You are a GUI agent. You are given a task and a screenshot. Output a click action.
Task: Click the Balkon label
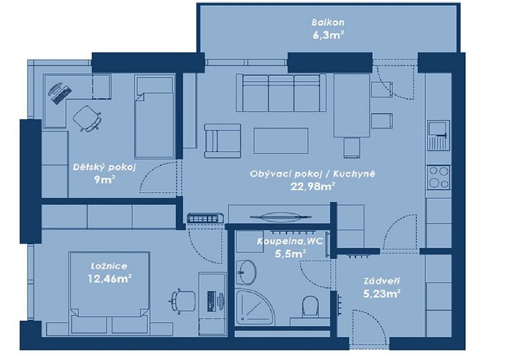[x=328, y=22]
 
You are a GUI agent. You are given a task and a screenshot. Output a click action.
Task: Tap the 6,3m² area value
[x=328, y=35]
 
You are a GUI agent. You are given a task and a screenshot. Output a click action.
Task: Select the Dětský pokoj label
[x=104, y=168]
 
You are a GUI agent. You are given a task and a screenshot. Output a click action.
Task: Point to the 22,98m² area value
[x=313, y=186]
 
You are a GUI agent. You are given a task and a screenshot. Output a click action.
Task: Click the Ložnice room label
[x=109, y=266]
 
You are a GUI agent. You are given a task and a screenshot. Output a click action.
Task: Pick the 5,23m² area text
[x=382, y=294]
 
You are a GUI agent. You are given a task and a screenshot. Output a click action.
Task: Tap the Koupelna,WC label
[x=290, y=242]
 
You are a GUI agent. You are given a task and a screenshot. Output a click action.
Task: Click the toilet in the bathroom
[x=310, y=306]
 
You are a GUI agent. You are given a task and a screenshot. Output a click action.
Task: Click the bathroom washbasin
[x=246, y=272]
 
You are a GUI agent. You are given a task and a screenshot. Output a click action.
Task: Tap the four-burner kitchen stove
[x=438, y=177]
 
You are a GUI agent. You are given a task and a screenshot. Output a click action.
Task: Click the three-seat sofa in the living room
[x=281, y=93]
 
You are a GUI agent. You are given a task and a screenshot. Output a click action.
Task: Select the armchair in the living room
[x=223, y=141]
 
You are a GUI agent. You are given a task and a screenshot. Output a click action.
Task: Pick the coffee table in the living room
[x=281, y=141]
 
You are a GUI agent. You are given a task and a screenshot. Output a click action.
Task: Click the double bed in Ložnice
[x=109, y=293]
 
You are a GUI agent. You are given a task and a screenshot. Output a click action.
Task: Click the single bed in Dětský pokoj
[x=155, y=117]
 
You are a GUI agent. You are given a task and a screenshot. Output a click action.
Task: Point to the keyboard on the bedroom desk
[x=211, y=300]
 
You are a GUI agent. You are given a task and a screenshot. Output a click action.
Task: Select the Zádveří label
[x=382, y=281]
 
